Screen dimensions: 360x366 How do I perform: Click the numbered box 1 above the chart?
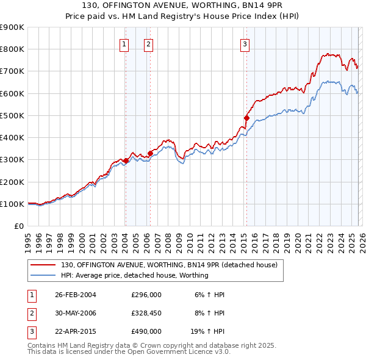pyautogui.click(x=124, y=44)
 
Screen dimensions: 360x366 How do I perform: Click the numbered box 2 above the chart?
pyautogui.click(x=149, y=44)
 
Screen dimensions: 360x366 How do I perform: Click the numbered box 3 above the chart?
pyautogui.click(x=245, y=44)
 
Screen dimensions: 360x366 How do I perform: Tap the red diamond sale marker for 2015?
pyautogui.click(x=246, y=118)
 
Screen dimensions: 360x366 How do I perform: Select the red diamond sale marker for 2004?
pyautogui.click(x=126, y=160)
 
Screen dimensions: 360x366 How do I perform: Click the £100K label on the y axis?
pyautogui.click(x=12, y=204)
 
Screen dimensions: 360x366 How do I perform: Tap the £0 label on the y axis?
pyautogui.click(x=18, y=226)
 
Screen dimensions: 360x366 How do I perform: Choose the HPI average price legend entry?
pyautogui.click(x=134, y=275)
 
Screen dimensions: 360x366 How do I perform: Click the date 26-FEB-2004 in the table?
pyautogui.click(x=75, y=295)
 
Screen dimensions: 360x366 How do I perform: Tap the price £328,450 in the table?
pyautogui.click(x=146, y=313)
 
